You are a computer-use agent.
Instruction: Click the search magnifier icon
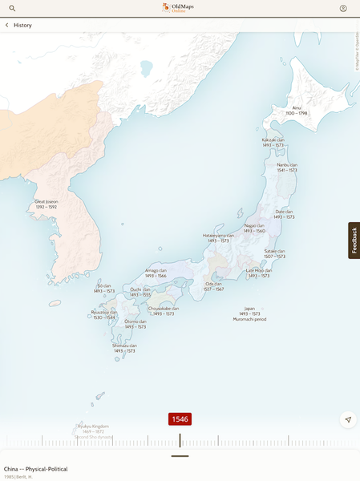[x=12, y=8]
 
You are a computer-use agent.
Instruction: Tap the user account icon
[x=343, y=8]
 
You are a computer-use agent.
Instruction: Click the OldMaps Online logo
[x=180, y=8]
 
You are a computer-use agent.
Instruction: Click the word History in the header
[x=22, y=25]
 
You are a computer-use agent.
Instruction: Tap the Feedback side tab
[x=354, y=240]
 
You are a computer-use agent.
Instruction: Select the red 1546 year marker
[x=180, y=419]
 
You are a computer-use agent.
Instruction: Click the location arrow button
[x=348, y=419]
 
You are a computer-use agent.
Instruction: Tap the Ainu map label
[x=297, y=110]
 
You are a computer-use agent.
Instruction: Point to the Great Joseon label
[x=46, y=204]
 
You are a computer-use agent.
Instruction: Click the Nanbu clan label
[x=287, y=167]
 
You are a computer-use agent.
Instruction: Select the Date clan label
[x=285, y=214]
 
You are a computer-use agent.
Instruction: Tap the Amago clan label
[x=156, y=273]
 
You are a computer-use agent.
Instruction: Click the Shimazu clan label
[x=124, y=348]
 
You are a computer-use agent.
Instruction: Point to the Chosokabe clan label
[x=164, y=310]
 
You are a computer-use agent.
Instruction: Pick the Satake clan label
[x=275, y=253]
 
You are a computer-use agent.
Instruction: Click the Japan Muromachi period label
[x=250, y=313]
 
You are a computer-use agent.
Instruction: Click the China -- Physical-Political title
[x=36, y=469]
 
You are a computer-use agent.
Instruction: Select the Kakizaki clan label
[x=273, y=142]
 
